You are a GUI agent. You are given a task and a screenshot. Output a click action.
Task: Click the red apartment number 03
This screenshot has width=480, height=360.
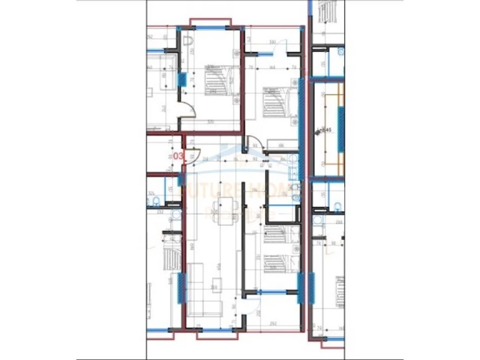(x=178, y=156)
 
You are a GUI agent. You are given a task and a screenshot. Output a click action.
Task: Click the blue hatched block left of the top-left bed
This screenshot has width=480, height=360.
(x=182, y=79)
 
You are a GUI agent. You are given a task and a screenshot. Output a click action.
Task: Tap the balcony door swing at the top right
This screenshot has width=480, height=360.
(x=281, y=51)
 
